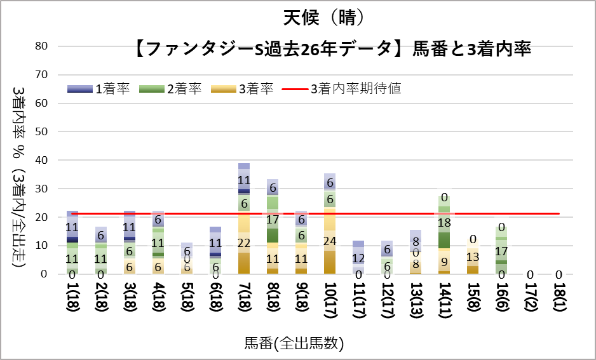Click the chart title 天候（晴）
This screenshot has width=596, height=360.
(325, 17)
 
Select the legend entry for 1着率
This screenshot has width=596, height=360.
(98, 89)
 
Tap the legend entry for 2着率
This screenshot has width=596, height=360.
(170, 89)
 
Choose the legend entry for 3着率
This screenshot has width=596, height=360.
(242, 89)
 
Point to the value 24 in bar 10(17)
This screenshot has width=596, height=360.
(329, 241)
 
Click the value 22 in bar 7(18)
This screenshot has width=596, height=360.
(243, 243)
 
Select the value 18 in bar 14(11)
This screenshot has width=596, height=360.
(444, 223)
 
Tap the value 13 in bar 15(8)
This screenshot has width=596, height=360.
(473, 257)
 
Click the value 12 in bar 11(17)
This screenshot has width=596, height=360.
(358, 258)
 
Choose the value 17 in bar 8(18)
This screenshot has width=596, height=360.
(272, 220)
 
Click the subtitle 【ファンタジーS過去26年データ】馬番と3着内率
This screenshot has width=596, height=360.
(334, 49)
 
